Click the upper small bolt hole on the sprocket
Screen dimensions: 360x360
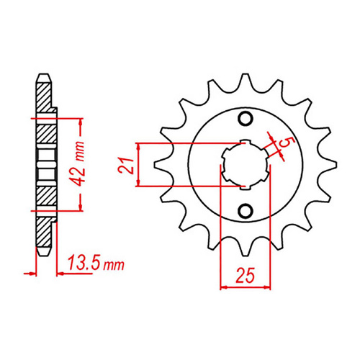point(246,119)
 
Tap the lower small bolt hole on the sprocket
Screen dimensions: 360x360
point(246,210)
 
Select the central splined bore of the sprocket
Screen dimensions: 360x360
point(246,164)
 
